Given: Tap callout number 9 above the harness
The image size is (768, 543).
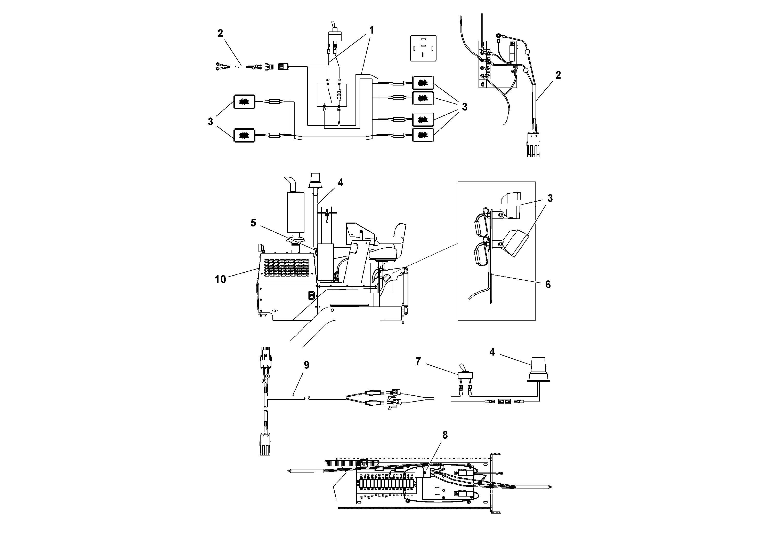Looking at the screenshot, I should point(306,365).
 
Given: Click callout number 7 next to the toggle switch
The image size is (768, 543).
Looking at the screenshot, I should point(418,361).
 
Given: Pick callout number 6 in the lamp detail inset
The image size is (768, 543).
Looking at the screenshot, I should point(548,285).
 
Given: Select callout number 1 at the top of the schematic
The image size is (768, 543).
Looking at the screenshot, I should point(371,30).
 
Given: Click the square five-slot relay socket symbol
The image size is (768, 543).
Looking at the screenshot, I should point(423,48).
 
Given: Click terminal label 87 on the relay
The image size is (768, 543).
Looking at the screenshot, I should point(324,110).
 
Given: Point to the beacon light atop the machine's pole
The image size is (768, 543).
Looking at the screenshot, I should point(315,181).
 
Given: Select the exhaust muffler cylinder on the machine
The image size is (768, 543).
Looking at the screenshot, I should point(295,211).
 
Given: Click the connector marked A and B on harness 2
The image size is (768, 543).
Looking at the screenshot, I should point(533,144).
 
